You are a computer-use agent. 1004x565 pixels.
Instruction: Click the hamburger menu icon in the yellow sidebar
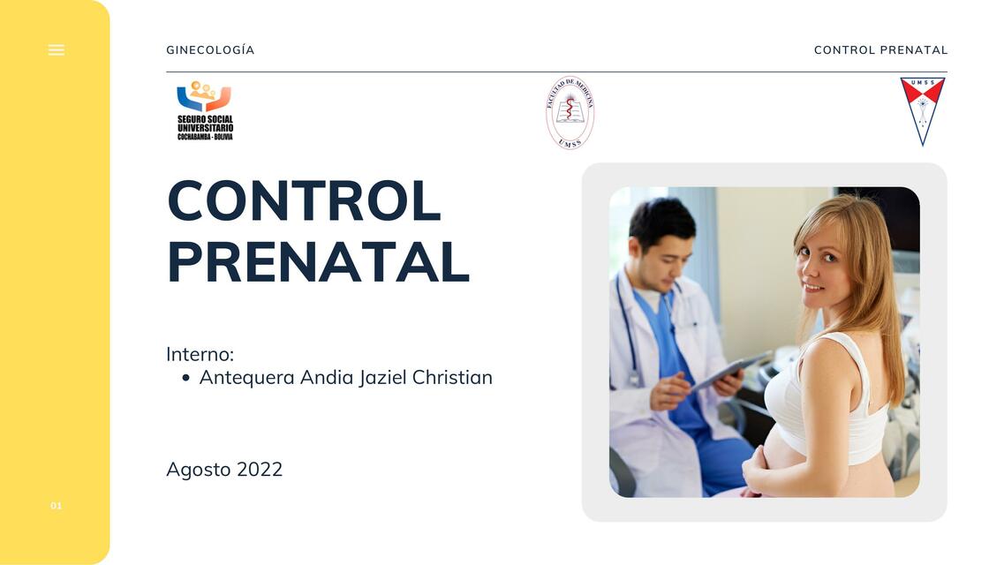(x=57, y=50)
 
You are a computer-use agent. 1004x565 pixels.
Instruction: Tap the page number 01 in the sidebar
(x=57, y=506)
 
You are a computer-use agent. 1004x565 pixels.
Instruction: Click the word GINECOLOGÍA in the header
(x=210, y=50)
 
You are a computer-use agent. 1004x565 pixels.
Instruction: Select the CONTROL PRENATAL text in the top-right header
(x=880, y=50)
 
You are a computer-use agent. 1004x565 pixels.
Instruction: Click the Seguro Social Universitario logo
(x=205, y=111)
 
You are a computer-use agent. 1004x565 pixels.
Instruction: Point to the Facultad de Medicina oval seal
(x=570, y=112)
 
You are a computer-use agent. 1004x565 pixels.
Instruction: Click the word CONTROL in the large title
(x=304, y=201)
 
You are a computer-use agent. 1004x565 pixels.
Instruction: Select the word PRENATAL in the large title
(x=318, y=262)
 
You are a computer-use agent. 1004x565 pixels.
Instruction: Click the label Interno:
(x=200, y=354)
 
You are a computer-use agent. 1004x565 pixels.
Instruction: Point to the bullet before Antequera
(x=185, y=379)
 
